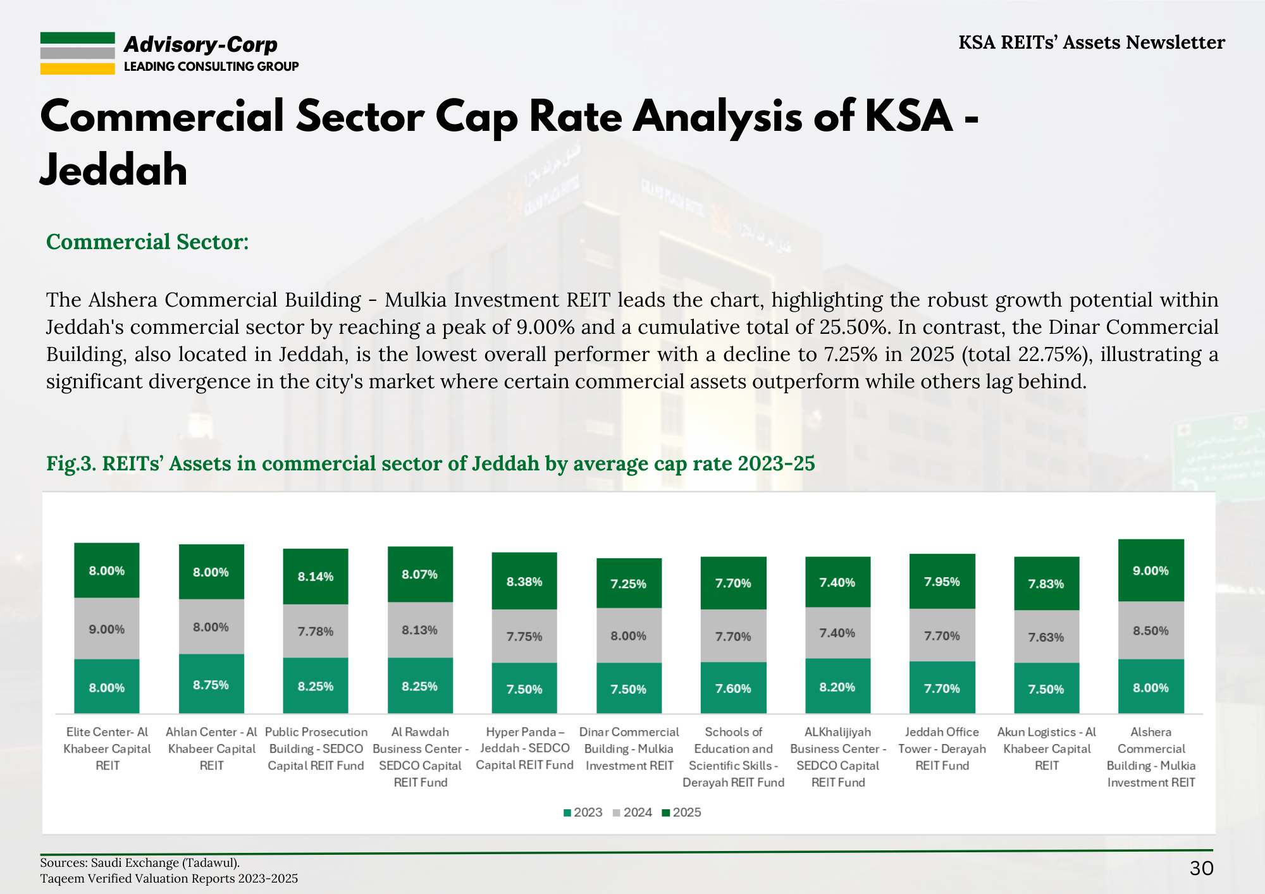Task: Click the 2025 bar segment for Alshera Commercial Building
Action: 1151,570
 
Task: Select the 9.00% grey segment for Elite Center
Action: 106,628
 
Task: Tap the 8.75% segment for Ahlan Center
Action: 211,684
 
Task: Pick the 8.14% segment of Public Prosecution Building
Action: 315,576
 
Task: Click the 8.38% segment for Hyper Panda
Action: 524,581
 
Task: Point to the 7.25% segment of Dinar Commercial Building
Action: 629,583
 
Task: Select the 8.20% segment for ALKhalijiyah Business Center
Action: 837,687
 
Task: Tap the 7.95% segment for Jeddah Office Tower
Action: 942,581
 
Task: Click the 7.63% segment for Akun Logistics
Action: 1046,637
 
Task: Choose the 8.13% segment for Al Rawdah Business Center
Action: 420,630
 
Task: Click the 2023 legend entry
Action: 583,812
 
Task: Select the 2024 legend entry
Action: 632,812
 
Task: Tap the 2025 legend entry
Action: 681,812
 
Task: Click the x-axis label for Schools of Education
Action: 733,757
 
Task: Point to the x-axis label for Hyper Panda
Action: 524,749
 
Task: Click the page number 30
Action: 1201,868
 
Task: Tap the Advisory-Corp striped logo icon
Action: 77,53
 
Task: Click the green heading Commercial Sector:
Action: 147,242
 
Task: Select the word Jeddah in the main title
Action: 114,170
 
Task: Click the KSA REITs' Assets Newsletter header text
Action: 1091,42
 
